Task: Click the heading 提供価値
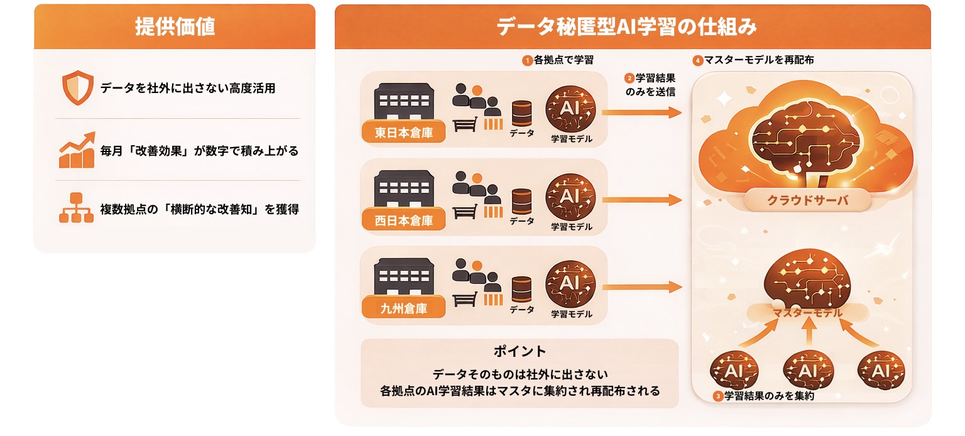[x=175, y=26]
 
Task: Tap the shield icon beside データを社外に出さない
[x=77, y=89]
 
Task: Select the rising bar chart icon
[x=77, y=150]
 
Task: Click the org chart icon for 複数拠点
[x=76, y=208]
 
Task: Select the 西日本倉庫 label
[x=404, y=220]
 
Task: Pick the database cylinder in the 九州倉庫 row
[x=522, y=289]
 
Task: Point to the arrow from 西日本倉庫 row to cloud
[x=641, y=200]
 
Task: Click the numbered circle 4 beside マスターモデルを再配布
[x=697, y=61]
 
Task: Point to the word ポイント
[x=520, y=351]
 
